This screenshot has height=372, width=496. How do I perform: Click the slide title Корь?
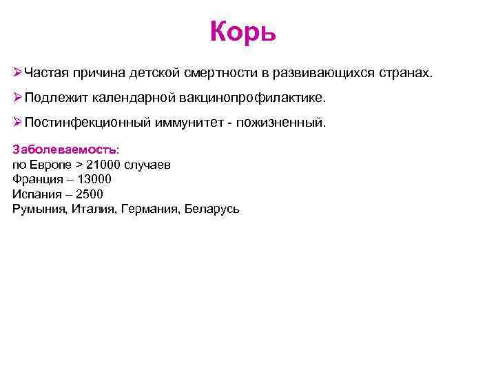242,31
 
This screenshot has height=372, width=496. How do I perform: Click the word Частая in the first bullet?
45,72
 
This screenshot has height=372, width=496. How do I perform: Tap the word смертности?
221,72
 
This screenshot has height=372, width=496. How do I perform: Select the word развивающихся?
325,72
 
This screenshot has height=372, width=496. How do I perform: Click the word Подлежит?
54,97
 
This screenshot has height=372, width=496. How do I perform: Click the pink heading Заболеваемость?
65,149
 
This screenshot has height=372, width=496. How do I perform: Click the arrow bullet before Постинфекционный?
17,123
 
